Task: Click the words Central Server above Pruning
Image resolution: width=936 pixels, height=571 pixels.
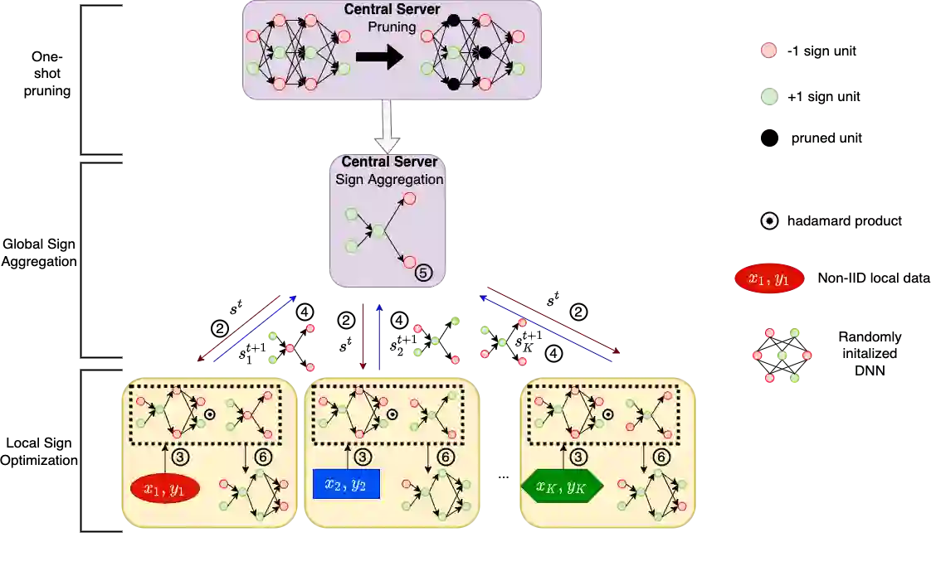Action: tap(392, 9)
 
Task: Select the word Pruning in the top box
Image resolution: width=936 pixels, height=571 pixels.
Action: tap(392, 27)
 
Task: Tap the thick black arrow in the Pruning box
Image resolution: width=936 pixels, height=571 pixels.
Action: tap(379, 57)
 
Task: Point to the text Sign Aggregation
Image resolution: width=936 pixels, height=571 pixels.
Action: tap(389, 179)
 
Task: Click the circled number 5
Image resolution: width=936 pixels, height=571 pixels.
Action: tap(424, 272)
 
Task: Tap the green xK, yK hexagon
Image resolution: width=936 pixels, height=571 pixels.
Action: tap(562, 486)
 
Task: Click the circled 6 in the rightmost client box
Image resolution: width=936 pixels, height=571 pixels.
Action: tap(661, 457)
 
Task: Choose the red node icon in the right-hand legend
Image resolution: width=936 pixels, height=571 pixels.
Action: tap(769, 51)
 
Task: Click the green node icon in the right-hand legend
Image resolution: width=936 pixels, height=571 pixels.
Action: tap(769, 96)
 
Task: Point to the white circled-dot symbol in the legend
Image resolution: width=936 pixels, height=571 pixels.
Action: tap(769, 221)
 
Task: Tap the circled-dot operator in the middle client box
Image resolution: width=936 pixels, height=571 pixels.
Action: tap(392, 414)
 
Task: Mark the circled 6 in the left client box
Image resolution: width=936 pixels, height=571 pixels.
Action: tap(262, 457)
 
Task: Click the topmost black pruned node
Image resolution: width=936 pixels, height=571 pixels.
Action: tap(453, 20)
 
